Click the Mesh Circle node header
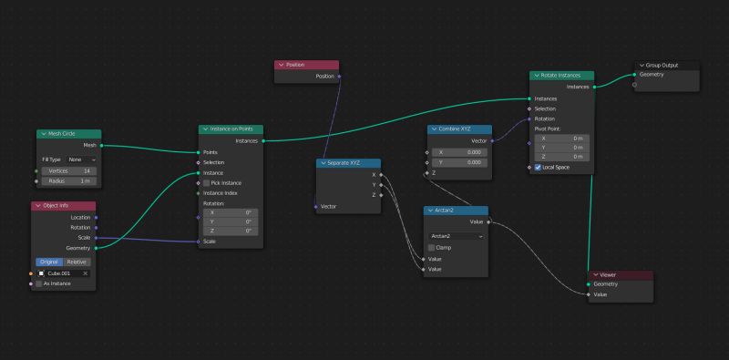pos(68,134)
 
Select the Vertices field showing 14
pos(68,170)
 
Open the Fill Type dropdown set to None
pos(80,159)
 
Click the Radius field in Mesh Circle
pos(68,180)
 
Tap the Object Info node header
pos(64,206)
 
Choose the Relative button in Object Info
pos(77,262)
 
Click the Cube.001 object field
pos(64,273)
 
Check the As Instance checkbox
pos(38,283)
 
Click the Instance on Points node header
pos(231,129)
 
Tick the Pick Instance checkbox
pos(206,182)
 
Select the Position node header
pos(306,65)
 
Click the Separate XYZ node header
pos(349,163)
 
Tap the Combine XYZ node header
pos(459,129)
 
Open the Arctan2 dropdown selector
pos(456,235)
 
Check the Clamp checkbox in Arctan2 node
pos(432,247)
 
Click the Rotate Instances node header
pos(561,76)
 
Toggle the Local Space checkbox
pos(538,167)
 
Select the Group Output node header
pos(667,65)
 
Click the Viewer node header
pos(620,274)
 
